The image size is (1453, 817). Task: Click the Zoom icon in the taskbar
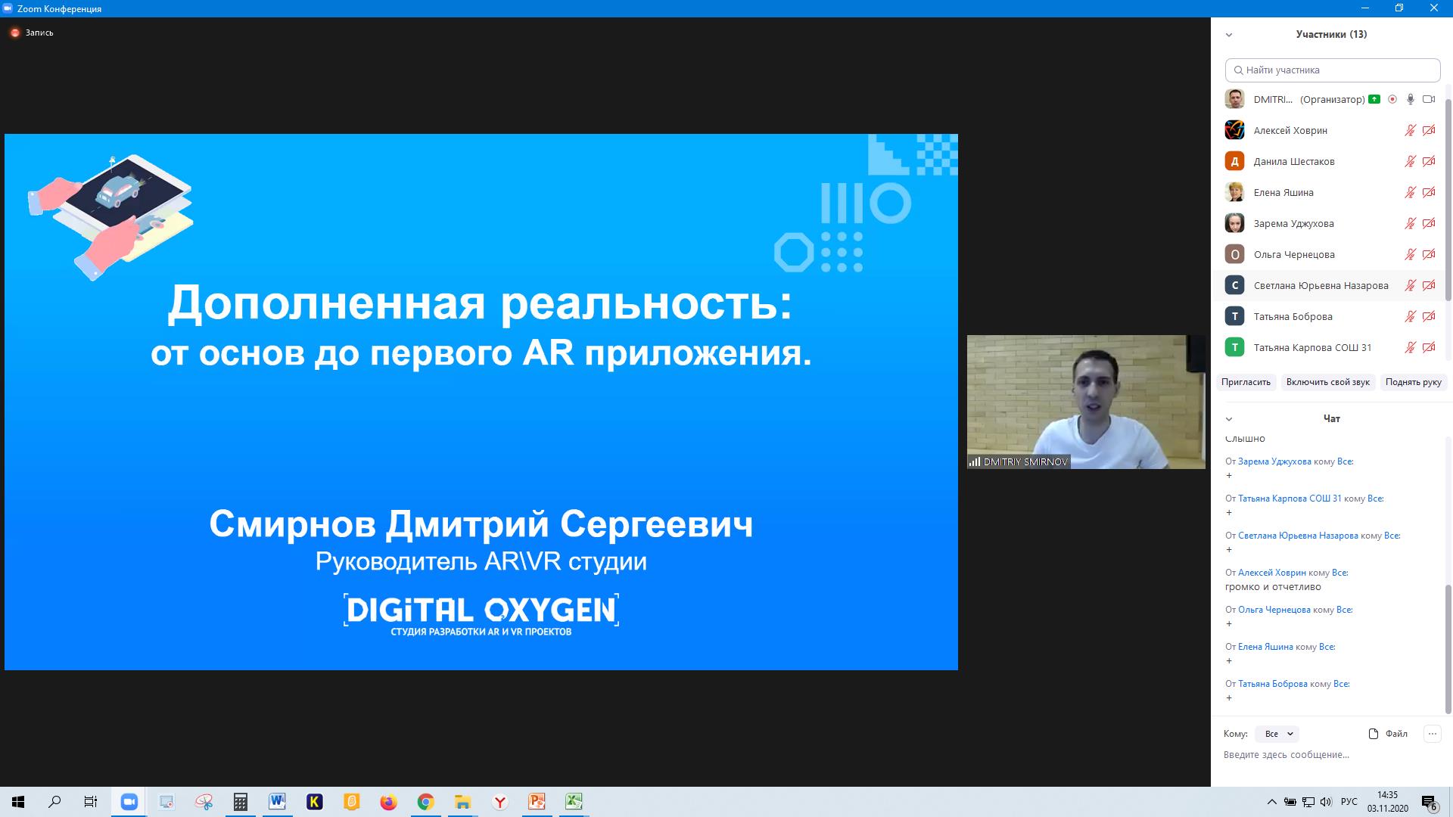coord(129,802)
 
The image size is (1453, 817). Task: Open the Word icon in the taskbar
coord(277,802)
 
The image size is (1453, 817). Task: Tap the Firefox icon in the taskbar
coord(388,802)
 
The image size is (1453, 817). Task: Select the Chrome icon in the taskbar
coord(425,802)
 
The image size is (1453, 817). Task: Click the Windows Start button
coord(18,802)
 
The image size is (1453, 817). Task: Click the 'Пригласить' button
coord(1246,382)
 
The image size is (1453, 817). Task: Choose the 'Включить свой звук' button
coord(1328,382)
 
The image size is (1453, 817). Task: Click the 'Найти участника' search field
coord(1333,70)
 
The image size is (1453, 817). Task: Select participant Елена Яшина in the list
coord(1283,192)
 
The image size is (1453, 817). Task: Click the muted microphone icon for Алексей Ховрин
coord(1410,130)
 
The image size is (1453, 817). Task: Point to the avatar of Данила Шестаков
coord(1234,161)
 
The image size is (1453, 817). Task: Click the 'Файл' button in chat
coord(1389,733)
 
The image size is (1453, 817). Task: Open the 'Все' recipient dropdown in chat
coord(1277,734)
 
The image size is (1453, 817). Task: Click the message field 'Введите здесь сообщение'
coord(1287,754)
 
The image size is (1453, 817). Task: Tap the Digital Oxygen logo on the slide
coord(481,614)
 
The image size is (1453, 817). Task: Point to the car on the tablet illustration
coord(117,190)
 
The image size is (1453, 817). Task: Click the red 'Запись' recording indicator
coord(32,33)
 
